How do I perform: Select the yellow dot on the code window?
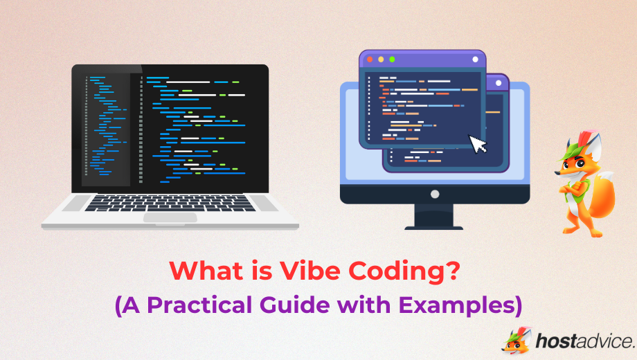coord(381,60)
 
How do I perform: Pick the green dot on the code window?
coord(392,60)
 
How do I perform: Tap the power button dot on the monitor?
coord(435,194)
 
